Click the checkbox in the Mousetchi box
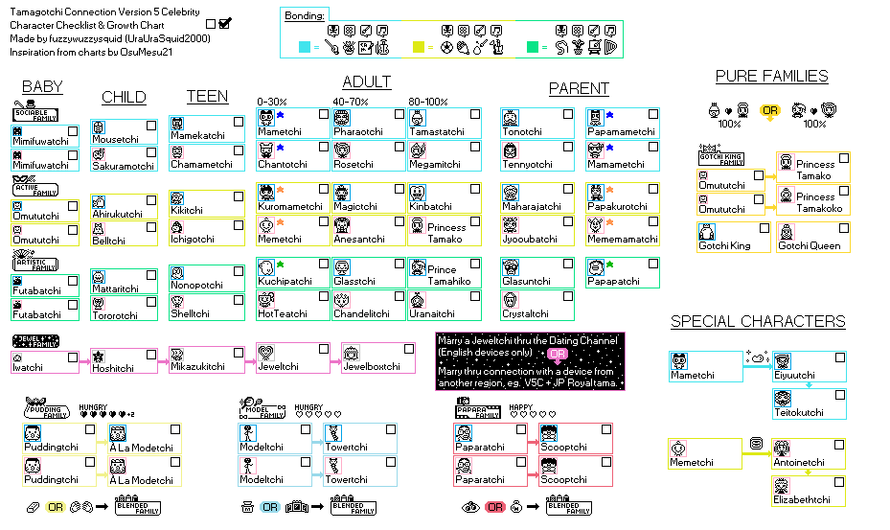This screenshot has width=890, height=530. pyautogui.click(x=151, y=126)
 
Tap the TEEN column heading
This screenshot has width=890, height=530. pyautogui.click(x=207, y=96)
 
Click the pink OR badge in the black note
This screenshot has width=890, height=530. pyautogui.click(x=558, y=354)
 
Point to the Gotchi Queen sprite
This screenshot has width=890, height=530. pyautogui.click(x=786, y=231)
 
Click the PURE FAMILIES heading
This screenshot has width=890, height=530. pyautogui.click(x=771, y=77)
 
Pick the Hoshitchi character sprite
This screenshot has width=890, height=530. pyautogui.click(x=99, y=357)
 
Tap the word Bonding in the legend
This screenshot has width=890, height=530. pyautogui.click(x=306, y=16)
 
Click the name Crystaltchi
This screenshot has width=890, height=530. pyautogui.click(x=526, y=313)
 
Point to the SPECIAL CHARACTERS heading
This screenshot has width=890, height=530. pyautogui.click(x=757, y=322)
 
